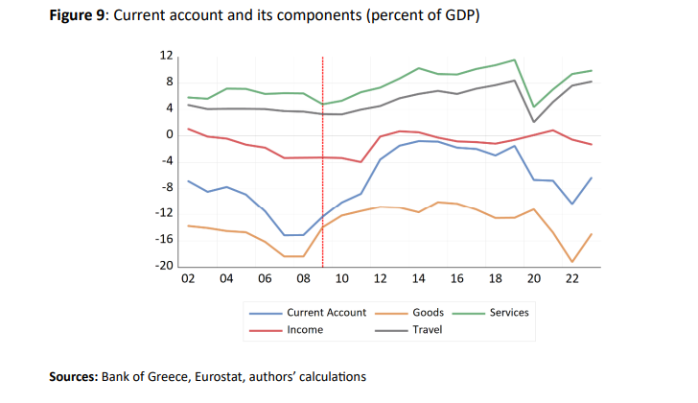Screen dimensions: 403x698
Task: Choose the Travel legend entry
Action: click(x=427, y=330)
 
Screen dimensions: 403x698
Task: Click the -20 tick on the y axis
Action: click(x=164, y=267)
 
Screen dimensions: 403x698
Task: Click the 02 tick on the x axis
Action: click(x=188, y=279)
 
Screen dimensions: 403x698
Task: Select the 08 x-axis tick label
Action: click(x=303, y=279)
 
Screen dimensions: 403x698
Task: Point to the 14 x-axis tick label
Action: click(x=419, y=279)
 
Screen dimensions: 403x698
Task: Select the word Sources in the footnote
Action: click(x=73, y=377)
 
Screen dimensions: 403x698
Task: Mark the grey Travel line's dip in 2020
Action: click(x=534, y=122)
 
